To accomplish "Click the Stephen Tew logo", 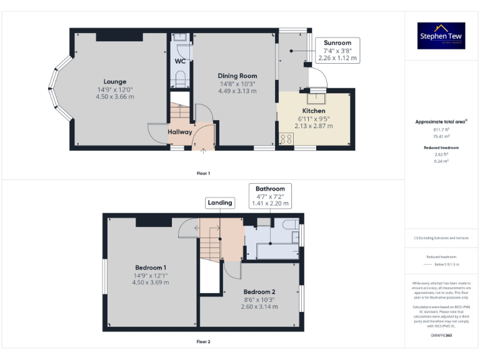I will click(441, 36).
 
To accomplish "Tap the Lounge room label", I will click(114, 82).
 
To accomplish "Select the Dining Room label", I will click(237, 76).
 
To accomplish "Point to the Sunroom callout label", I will click(337, 43).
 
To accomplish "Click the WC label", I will click(179, 61).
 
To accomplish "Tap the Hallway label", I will click(180, 132).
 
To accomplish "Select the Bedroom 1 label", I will click(149, 267).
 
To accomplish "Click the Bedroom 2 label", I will click(259, 292).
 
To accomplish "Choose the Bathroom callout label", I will click(270, 189).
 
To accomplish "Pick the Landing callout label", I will click(220, 202).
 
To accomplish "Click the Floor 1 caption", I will click(203, 173).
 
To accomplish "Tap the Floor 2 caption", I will click(203, 342).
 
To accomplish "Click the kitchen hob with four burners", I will click(286, 139).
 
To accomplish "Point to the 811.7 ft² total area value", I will click(442, 129).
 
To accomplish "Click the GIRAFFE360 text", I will click(441, 336).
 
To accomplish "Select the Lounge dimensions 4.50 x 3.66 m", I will click(114, 97).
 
